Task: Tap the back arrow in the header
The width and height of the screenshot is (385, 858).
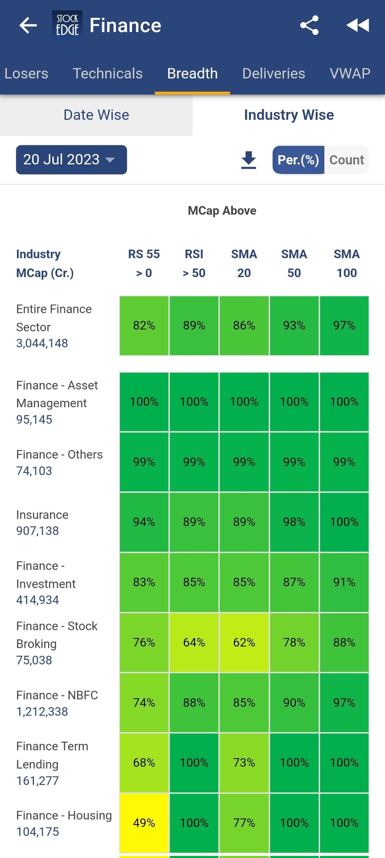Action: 28,26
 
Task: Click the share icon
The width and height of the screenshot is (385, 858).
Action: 310,26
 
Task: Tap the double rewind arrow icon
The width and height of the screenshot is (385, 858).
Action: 358,26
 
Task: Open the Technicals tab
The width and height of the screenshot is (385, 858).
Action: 108,73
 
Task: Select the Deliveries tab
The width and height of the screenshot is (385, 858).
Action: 273,73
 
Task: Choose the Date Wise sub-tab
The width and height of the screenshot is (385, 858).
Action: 96,115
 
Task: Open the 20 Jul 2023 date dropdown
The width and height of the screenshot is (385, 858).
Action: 71,160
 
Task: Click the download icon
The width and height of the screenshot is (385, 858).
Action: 249,160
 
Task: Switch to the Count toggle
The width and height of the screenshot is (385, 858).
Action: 346,160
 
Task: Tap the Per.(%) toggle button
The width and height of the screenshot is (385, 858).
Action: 298,160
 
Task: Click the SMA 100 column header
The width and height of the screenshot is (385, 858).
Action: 346,263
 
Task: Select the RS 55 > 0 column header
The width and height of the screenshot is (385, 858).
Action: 144,263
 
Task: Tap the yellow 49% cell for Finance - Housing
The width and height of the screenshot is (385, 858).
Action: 144,823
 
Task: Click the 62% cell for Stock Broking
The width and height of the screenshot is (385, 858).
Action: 244,642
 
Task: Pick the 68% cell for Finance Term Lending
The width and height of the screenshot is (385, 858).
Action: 144,762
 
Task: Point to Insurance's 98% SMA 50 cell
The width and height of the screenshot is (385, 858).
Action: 294,522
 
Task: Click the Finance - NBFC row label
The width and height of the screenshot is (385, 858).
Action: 57,695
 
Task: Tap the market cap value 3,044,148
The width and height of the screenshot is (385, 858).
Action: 42,343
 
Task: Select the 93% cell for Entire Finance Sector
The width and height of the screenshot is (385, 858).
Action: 294,326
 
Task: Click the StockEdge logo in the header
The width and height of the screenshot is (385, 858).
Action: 67,25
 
